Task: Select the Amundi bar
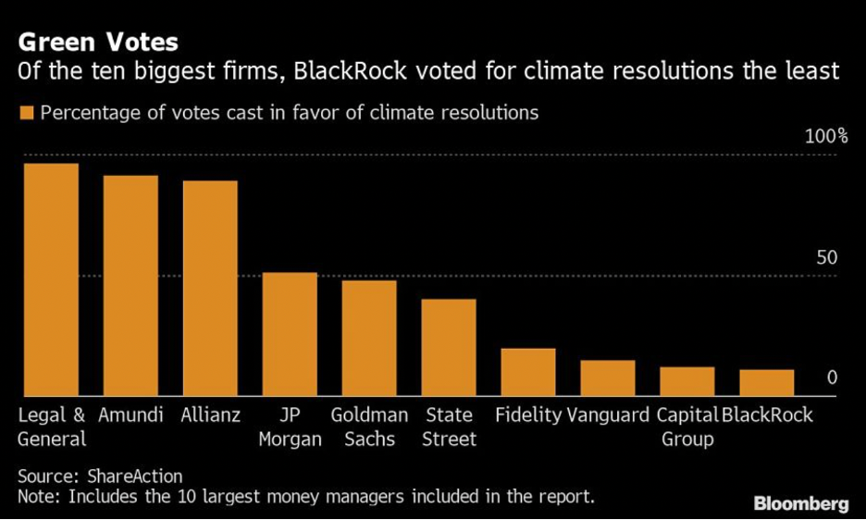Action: (x=130, y=286)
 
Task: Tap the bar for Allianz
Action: (x=210, y=289)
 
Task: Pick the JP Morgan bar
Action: (x=290, y=334)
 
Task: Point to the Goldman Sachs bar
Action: (x=369, y=338)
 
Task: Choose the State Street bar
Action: (x=449, y=348)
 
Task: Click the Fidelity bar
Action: (x=528, y=372)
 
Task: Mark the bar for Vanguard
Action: (x=608, y=378)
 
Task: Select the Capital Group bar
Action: (x=687, y=381)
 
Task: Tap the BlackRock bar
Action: (x=767, y=383)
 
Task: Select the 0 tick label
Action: (x=832, y=378)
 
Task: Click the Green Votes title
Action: (x=98, y=43)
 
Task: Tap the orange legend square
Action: (x=26, y=113)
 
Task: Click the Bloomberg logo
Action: (x=801, y=503)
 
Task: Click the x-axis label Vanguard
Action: (x=608, y=415)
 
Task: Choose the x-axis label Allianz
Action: (x=211, y=415)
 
